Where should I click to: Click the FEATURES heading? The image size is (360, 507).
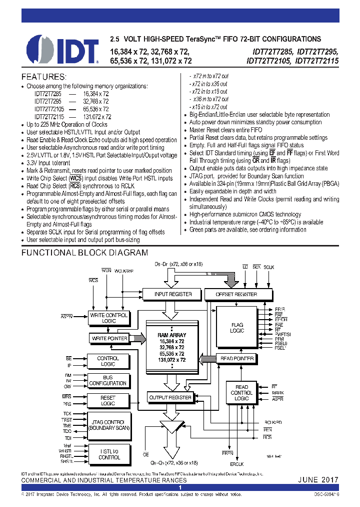pyautogui.click(x=43, y=77)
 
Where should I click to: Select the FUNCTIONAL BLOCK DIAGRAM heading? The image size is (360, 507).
pyautogui.click(x=84, y=253)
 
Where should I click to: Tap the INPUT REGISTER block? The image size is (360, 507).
pyautogui.click(x=173, y=294)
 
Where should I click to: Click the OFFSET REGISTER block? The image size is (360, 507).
pyautogui.click(x=236, y=294)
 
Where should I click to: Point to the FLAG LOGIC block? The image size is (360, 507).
pyautogui.click(x=237, y=328)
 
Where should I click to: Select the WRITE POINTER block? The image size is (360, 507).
pyautogui.click(x=109, y=338)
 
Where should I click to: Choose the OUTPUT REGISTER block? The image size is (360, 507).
pyautogui.click(x=170, y=397)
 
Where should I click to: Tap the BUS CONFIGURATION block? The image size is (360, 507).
pyautogui.click(x=108, y=380)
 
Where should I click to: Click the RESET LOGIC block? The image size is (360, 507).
pyautogui.click(x=108, y=400)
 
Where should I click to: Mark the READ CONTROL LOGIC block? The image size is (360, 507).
pyautogui.click(x=241, y=392)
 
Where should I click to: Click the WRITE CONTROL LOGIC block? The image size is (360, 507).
pyautogui.click(x=108, y=318)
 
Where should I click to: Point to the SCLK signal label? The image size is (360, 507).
pyautogui.click(x=269, y=268)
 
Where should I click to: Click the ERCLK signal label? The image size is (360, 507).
pyautogui.click(x=236, y=463)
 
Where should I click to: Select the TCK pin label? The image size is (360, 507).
pyautogui.click(x=67, y=413)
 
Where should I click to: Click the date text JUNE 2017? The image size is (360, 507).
pyautogui.click(x=318, y=479)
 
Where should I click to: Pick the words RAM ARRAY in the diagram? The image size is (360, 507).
pyautogui.click(x=171, y=335)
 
